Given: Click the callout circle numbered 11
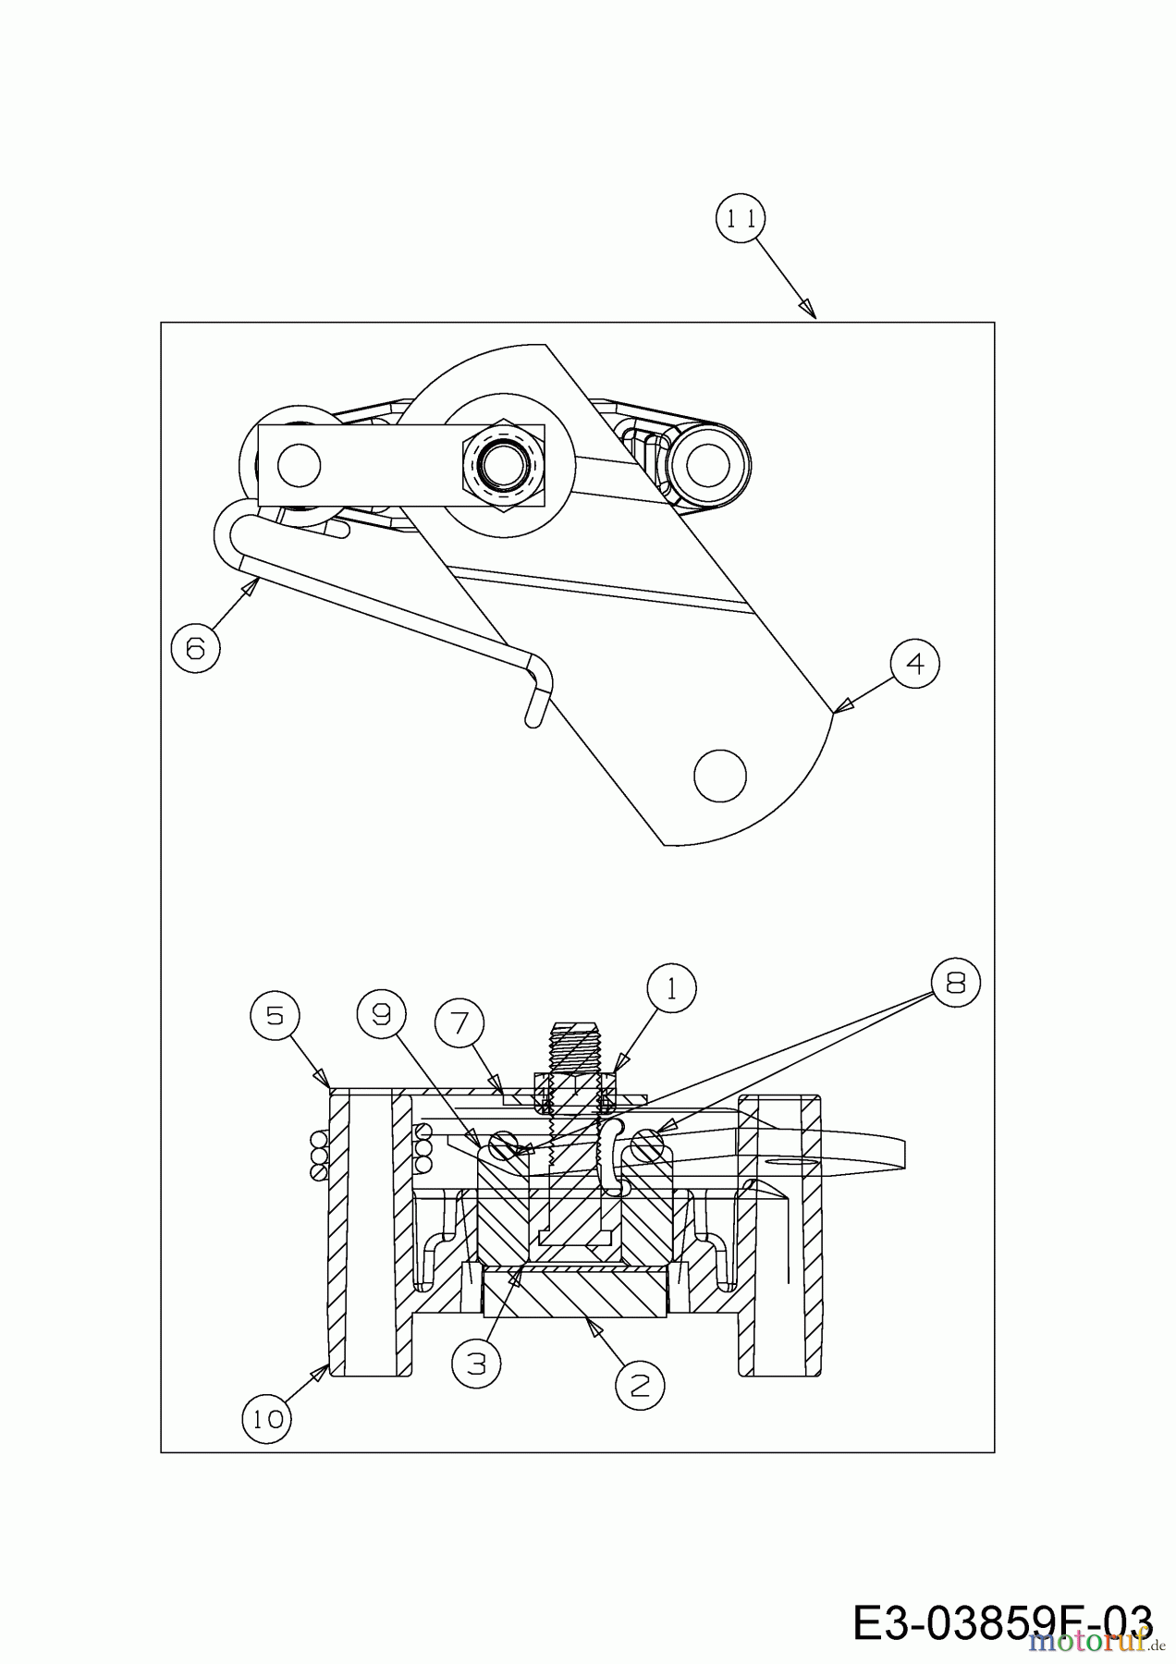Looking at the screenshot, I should (x=741, y=219).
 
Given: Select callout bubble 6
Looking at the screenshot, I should (x=195, y=648).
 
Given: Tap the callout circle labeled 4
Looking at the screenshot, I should (x=915, y=664).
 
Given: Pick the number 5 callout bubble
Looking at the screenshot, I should (x=274, y=1016).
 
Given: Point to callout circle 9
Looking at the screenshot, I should (x=381, y=1016).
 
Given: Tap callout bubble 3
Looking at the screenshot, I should (x=476, y=1364).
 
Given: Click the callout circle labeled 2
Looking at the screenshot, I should (x=640, y=1384).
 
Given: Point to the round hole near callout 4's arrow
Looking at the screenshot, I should (x=719, y=776).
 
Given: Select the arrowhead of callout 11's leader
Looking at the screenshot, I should (x=810, y=311).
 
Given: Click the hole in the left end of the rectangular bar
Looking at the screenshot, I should (x=298, y=464).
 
